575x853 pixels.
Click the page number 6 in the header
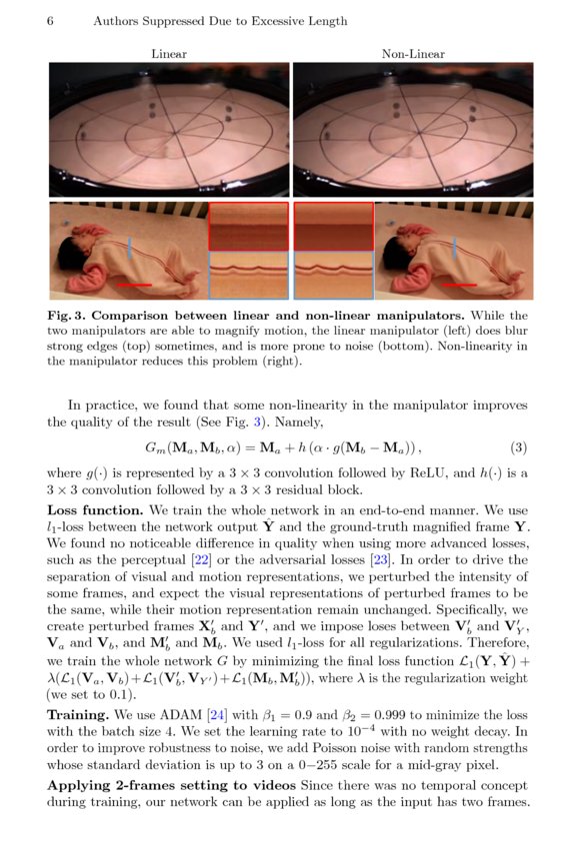pos(50,21)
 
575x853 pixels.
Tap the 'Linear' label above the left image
pos(169,54)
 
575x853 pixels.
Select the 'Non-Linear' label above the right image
pos(413,54)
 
